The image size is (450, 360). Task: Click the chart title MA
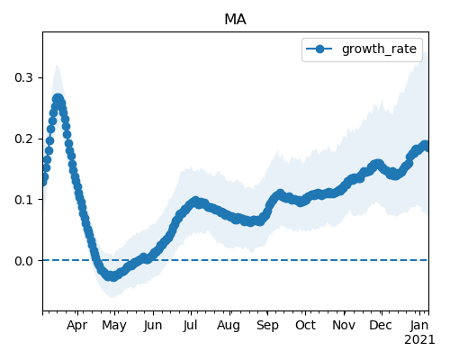(235, 20)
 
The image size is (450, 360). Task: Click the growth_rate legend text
(379, 49)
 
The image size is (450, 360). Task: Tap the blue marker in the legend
(319, 49)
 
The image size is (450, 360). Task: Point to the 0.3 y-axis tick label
(23, 77)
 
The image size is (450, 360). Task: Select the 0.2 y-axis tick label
(23, 139)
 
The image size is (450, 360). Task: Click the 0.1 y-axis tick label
(23, 200)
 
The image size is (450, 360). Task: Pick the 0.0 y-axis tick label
(23, 261)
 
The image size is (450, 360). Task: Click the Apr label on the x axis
(77, 326)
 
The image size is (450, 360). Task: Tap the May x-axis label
(114, 326)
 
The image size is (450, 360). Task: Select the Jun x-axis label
(153, 326)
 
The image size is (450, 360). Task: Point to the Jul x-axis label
(190, 326)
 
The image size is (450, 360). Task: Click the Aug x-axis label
(229, 326)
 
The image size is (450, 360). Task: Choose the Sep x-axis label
(267, 326)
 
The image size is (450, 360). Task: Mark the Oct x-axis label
(305, 326)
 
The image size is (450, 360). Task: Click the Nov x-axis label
(344, 326)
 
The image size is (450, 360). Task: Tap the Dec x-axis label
(381, 326)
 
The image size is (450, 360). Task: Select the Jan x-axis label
(419, 326)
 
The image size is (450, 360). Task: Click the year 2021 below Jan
(419, 340)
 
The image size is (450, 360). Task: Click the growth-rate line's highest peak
(58, 99)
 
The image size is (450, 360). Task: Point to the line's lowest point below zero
(112, 276)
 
